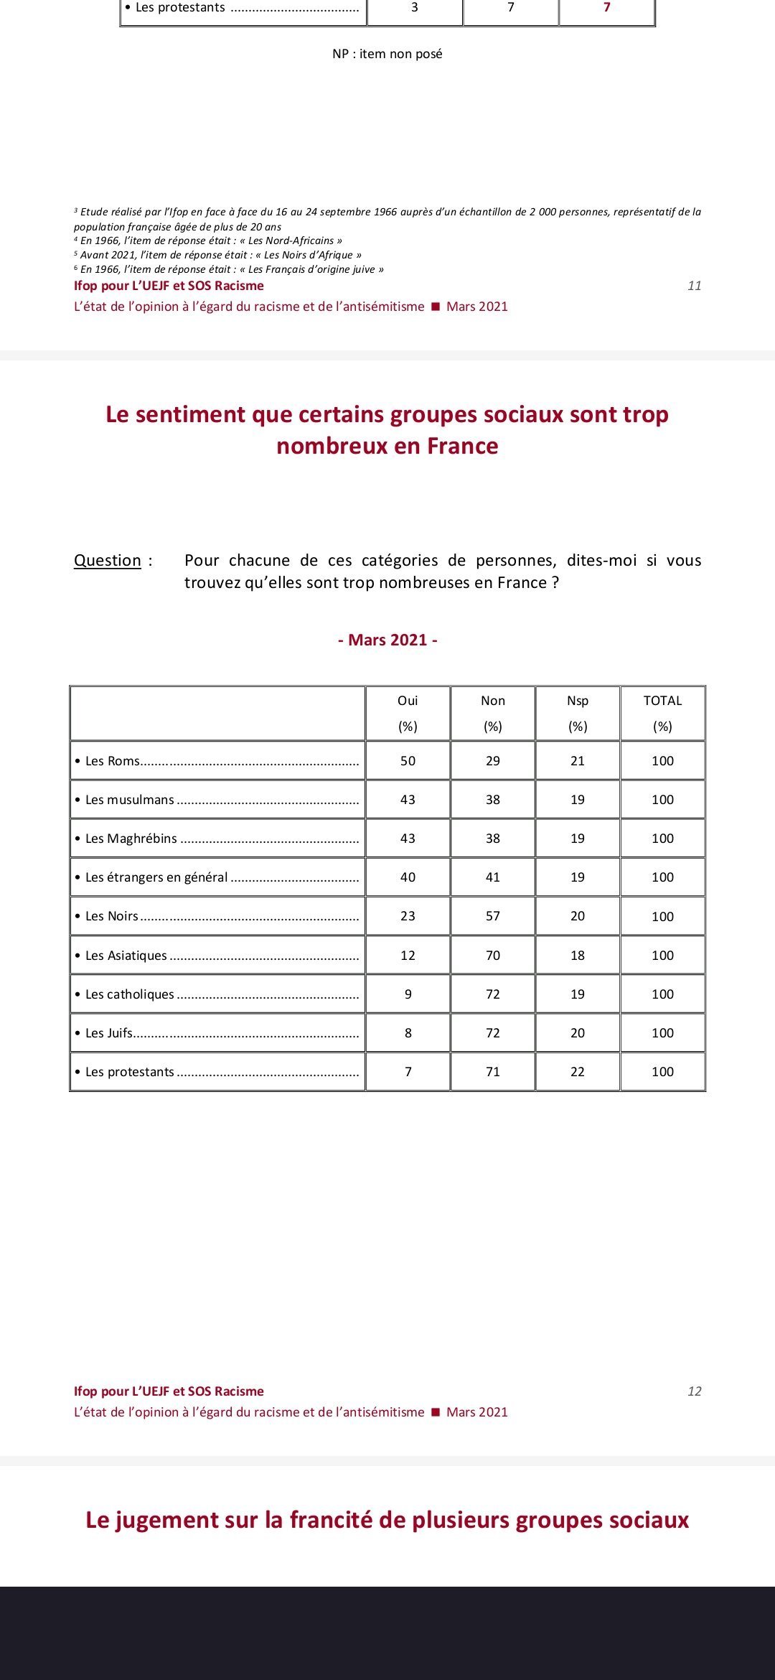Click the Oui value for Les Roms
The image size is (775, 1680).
tap(408, 761)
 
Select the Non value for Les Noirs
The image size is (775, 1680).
tap(492, 916)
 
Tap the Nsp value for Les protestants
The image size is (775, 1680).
tap(578, 1072)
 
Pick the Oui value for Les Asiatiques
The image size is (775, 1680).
tap(408, 956)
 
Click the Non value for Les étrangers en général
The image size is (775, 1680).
tap(492, 877)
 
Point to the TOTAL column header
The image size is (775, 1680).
tap(662, 701)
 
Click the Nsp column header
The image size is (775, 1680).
tap(578, 701)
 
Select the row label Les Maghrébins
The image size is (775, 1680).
tap(131, 839)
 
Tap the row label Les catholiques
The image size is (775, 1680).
tap(129, 994)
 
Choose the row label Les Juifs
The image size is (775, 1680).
tap(109, 1033)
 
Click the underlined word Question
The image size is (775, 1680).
tap(108, 561)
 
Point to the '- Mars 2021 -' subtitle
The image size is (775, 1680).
tap(387, 640)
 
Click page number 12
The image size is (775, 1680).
tap(694, 1391)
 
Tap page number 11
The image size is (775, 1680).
tap(694, 286)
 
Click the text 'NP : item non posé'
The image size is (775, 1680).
tap(387, 54)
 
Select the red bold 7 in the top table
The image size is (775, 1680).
tap(607, 7)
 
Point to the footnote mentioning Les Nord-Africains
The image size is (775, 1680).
tap(211, 241)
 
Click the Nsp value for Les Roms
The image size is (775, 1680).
tap(578, 761)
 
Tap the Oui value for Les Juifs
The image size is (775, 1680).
tap(408, 1033)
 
